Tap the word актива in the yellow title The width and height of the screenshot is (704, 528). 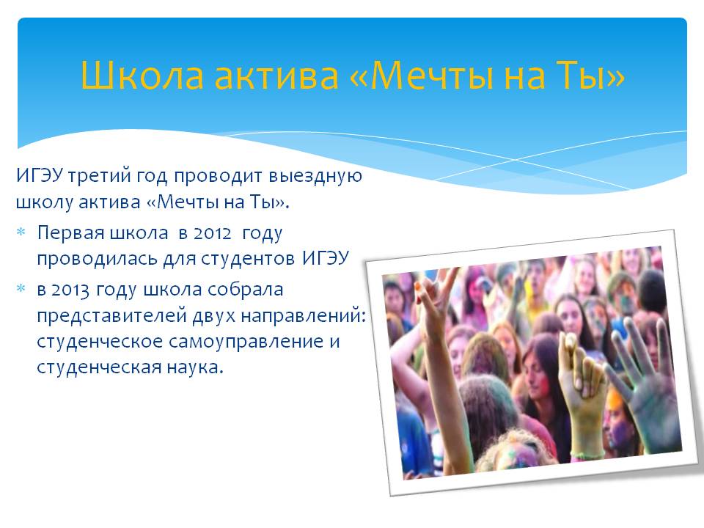coord(276,76)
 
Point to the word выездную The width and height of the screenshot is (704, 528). coord(315,176)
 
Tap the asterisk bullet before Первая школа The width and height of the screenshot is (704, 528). coord(21,232)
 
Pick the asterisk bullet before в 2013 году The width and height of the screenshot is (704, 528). coord(21,288)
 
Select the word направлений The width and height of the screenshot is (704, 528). coord(303,315)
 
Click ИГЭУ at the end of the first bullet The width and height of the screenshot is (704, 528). coord(326,259)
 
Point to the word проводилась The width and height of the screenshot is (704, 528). coord(98,259)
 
